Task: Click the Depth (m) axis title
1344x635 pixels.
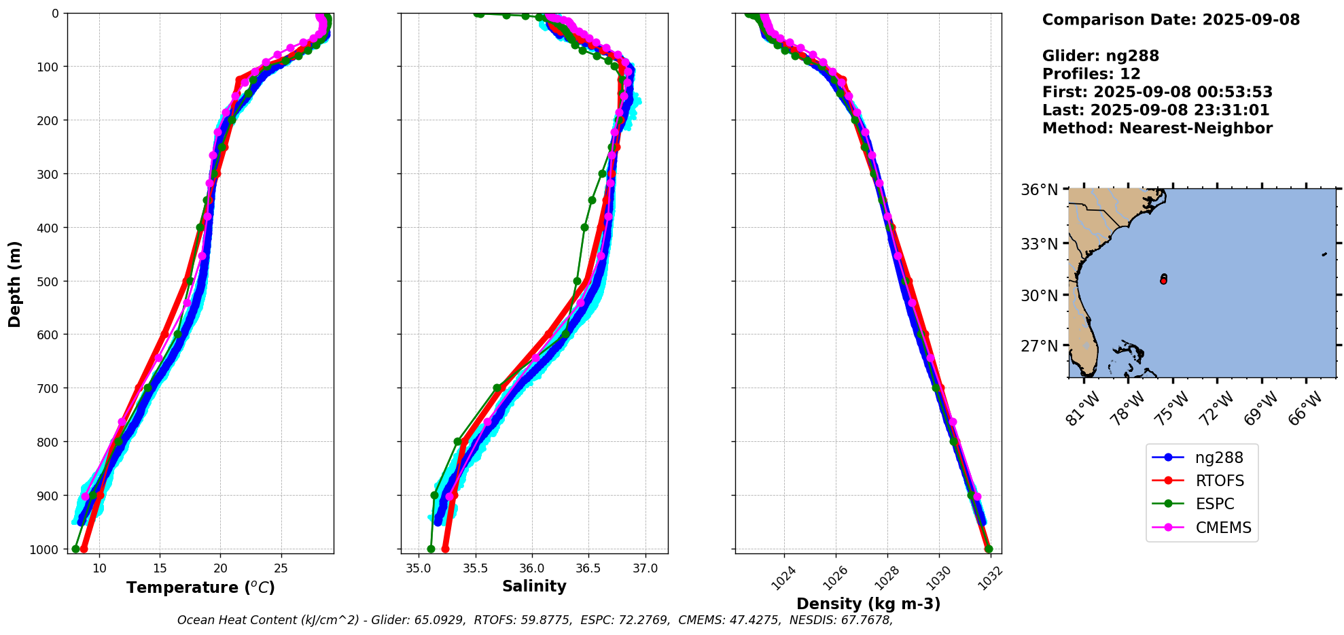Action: click(x=15, y=284)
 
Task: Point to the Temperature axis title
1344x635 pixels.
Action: click(x=200, y=587)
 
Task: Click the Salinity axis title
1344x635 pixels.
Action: click(x=534, y=586)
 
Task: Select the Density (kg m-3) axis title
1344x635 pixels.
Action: click(x=868, y=604)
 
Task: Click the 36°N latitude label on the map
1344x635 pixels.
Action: click(x=1040, y=190)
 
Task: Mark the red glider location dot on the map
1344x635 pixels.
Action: click(x=1163, y=280)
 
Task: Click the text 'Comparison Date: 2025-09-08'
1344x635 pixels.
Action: click(x=1171, y=20)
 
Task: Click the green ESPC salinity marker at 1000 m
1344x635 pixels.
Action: click(x=431, y=549)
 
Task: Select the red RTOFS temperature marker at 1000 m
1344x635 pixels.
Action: click(x=84, y=549)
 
